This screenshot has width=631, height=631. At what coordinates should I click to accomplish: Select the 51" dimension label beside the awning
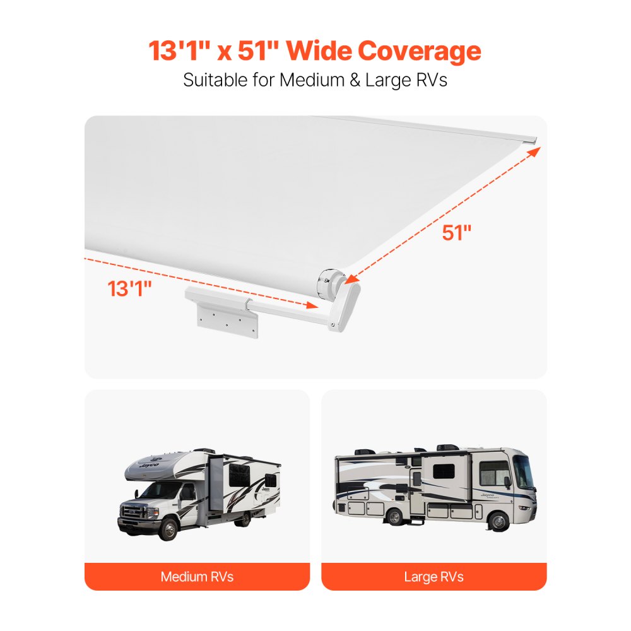click(x=457, y=233)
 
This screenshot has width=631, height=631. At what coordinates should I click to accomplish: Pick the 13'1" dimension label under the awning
click(x=130, y=289)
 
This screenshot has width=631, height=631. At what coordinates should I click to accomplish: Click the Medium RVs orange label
click(x=197, y=577)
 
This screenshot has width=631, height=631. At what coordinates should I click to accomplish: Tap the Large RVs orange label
click(x=433, y=577)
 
